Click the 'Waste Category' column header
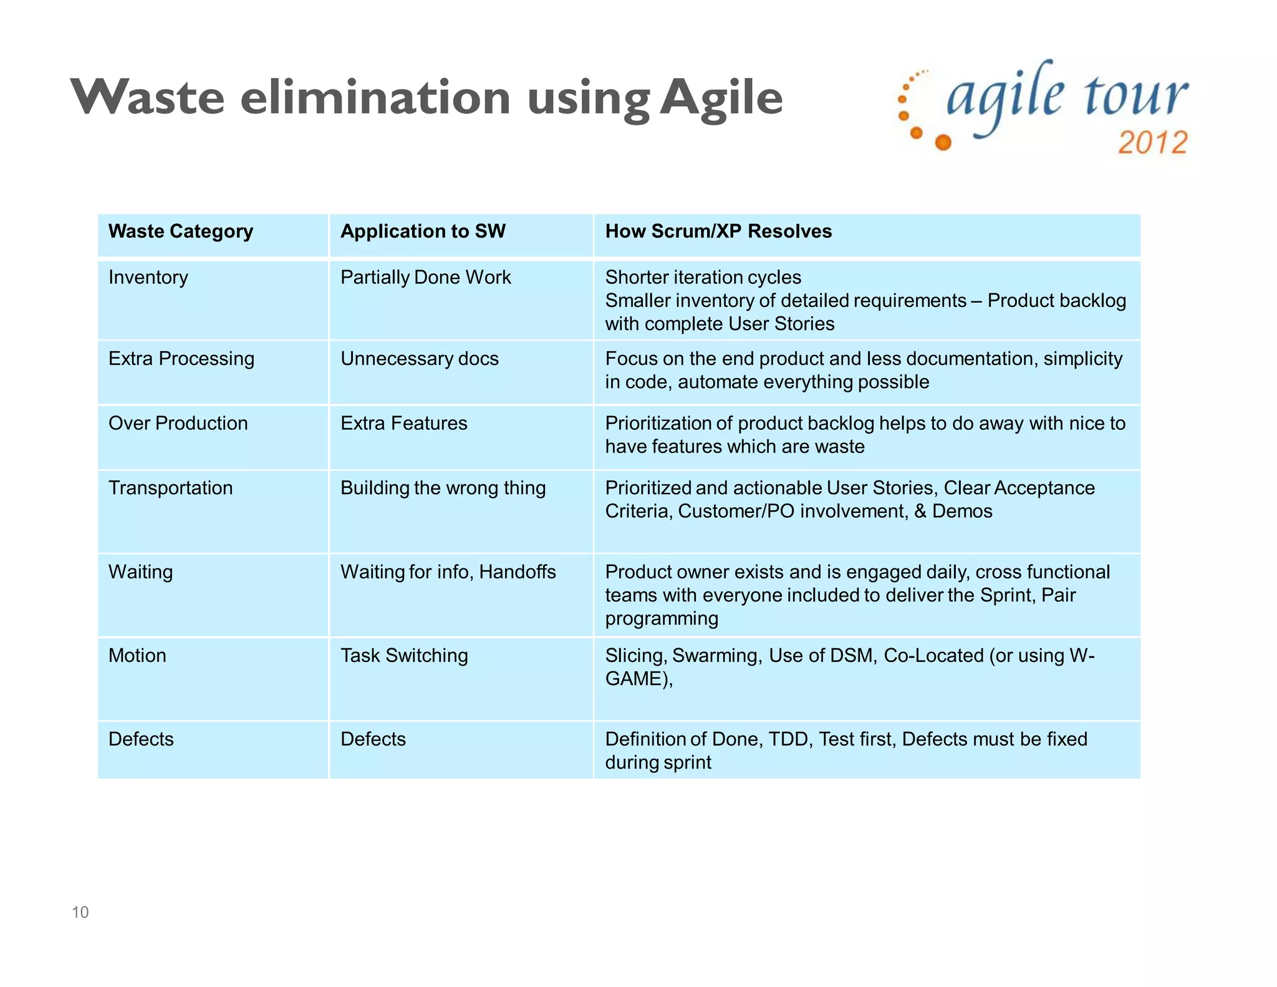click(x=181, y=231)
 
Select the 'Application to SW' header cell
click(x=423, y=231)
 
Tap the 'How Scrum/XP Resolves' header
click(x=718, y=231)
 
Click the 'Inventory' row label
click(x=148, y=278)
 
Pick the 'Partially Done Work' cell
click(x=425, y=278)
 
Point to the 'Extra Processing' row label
click(x=181, y=359)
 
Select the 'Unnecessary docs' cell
click(x=419, y=359)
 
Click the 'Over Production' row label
click(x=178, y=424)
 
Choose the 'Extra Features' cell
click(x=403, y=424)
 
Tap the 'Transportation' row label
click(x=170, y=488)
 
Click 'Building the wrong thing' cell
click(x=443, y=488)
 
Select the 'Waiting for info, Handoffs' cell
click(x=448, y=572)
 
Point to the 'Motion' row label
click(x=137, y=656)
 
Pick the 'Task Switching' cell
click(x=404, y=656)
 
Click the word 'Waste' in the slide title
click(x=147, y=97)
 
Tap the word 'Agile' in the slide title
click(x=721, y=99)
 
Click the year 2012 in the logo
click(x=1152, y=142)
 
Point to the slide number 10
click(x=80, y=912)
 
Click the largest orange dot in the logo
click(x=943, y=143)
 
